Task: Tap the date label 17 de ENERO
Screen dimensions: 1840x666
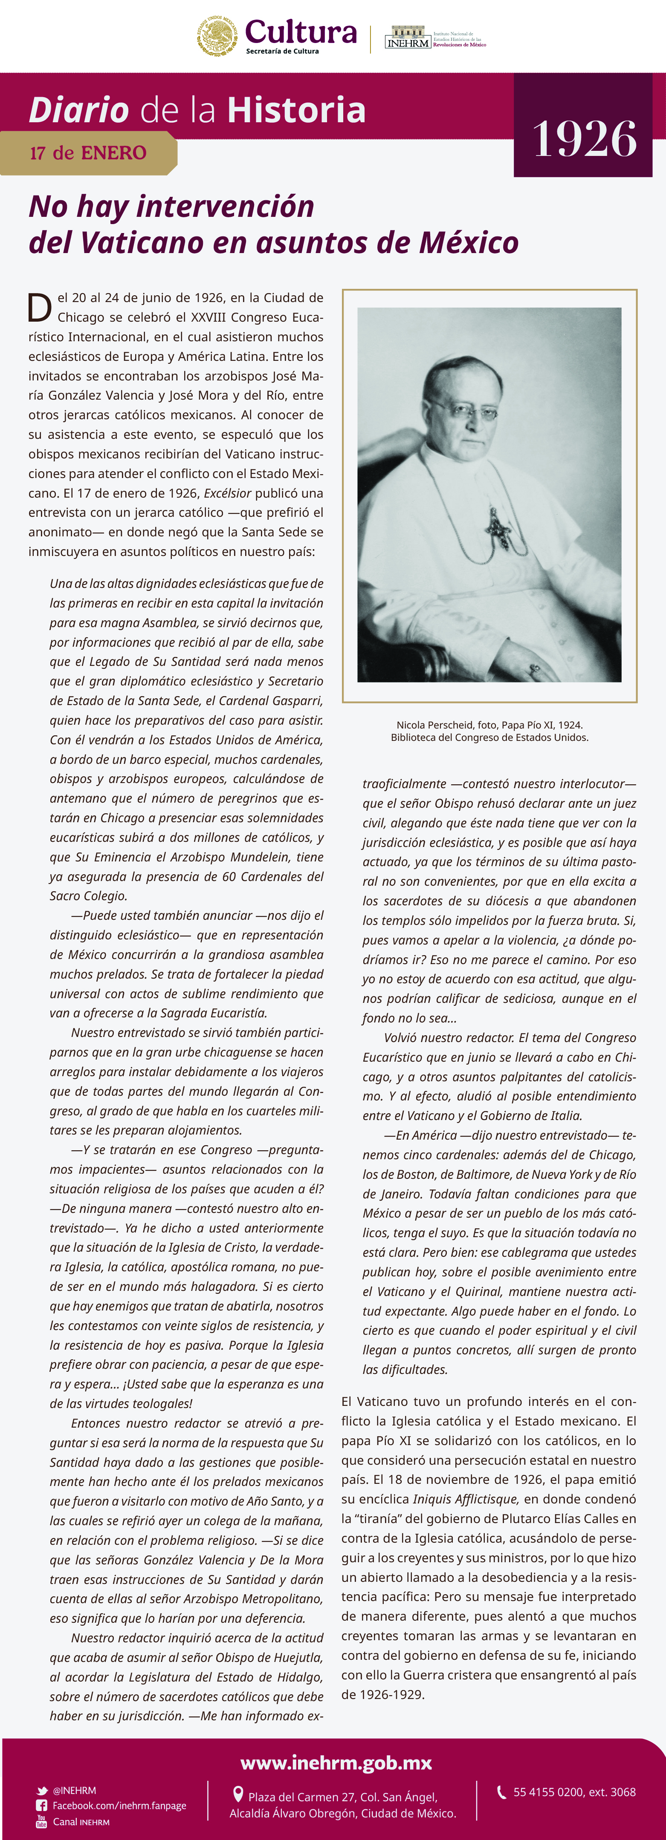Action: pos(88,153)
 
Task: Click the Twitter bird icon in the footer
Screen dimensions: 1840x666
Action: pos(42,1791)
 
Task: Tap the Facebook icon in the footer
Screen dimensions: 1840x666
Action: pos(42,1806)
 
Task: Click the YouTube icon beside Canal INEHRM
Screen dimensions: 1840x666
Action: pos(41,1821)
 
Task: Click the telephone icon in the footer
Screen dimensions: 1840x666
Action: pos(502,1791)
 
